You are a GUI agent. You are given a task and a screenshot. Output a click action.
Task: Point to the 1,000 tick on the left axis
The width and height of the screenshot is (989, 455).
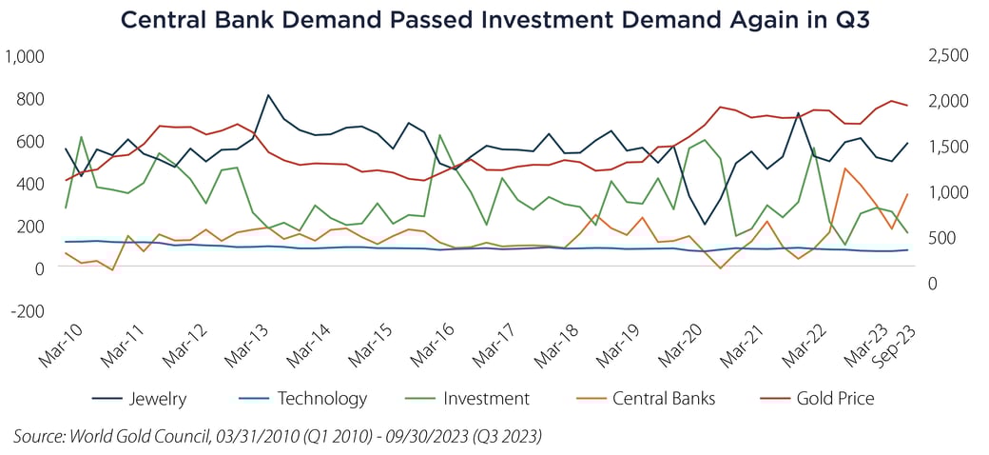[x=26, y=57]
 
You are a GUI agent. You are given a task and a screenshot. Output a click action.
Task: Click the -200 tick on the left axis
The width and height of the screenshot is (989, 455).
[x=29, y=310]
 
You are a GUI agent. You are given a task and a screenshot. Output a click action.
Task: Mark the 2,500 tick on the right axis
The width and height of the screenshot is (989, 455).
[x=947, y=56]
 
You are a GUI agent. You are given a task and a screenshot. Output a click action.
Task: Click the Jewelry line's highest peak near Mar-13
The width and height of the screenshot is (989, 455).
[x=268, y=95]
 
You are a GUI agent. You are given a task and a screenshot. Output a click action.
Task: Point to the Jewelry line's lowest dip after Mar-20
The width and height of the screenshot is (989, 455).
[x=705, y=225]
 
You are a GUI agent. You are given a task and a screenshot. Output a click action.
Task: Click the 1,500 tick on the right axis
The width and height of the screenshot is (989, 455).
[x=947, y=147]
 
